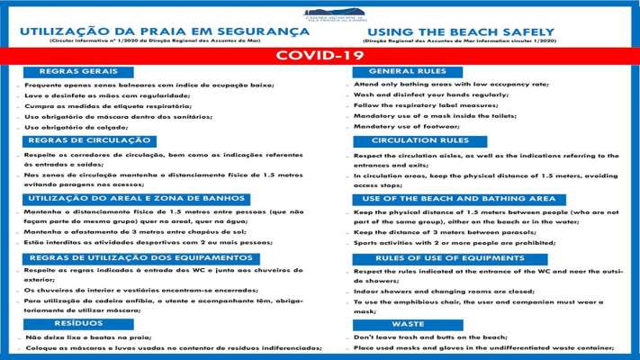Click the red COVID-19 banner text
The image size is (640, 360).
[320, 55]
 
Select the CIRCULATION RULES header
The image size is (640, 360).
[419, 140]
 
